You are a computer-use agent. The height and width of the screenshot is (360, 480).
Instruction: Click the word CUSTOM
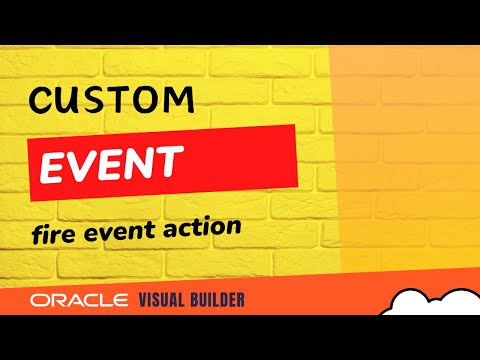tap(110, 99)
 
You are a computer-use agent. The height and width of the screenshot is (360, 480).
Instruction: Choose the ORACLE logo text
tap(79, 300)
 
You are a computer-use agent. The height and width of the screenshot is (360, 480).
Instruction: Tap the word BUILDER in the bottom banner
tap(219, 300)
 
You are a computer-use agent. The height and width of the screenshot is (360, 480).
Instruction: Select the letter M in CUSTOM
tap(177, 99)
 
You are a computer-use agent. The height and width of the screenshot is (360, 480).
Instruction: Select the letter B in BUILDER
tap(198, 300)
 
